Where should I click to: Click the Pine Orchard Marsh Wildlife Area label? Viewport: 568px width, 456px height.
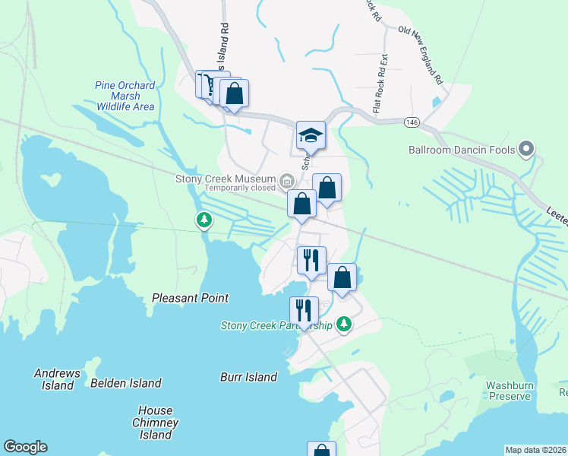click(x=125, y=96)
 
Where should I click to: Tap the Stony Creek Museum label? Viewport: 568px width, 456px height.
click(x=226, y=179)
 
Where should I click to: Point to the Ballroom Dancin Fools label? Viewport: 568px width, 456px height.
click(x=462, y=150)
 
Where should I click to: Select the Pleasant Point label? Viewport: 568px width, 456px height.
click(x=191, y=298)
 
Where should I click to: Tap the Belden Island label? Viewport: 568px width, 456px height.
click(x=126, y=383)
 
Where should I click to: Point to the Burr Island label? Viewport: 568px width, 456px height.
click(x=248, y=377)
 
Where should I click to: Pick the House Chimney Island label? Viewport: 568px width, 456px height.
click(x=155, y=423)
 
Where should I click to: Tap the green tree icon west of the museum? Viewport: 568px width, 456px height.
click(x=204, y=220)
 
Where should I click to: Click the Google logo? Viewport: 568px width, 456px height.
click(x=25, y=447)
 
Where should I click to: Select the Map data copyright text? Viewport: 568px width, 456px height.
click(x=535, y=450)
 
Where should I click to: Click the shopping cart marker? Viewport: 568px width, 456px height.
click(x=207, y=84)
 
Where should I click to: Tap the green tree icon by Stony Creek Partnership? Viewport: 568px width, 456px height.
click(x=345, y=324)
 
